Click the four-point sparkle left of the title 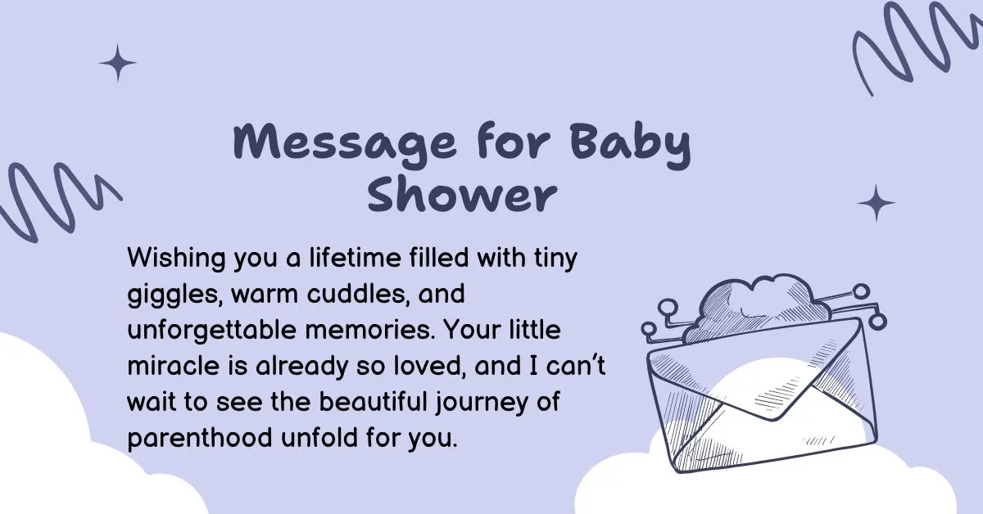coord(118,63)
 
